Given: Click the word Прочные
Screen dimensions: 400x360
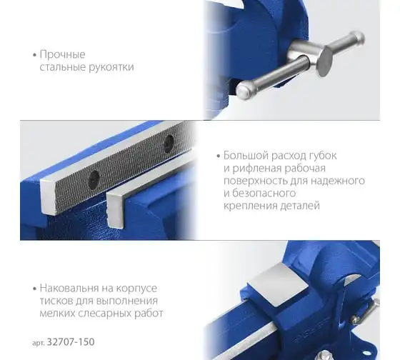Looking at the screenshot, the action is click(x=63, y=55).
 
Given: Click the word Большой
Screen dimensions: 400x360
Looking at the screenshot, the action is click(x=246, y=156).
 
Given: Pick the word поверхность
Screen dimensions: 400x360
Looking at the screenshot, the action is click(x=256, y=181).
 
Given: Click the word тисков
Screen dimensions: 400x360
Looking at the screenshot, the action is click(x=56, y=301).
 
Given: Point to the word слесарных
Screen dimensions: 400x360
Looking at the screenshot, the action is click(x=104, y=314).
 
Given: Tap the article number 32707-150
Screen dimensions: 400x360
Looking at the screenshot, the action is click(x=71, y=342).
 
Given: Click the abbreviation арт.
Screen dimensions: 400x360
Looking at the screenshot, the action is click(x=39, y=343).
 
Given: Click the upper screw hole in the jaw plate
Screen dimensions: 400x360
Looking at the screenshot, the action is click(x=169, y=144).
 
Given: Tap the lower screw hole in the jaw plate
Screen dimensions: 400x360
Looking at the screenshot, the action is click(x=94, y=180).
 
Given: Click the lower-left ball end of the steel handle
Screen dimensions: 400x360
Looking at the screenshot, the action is click(x=244, y=90).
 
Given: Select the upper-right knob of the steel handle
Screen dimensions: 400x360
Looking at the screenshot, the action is click(x=357, y=39).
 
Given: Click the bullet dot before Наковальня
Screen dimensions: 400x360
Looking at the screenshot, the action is click(x=35, y=289).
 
